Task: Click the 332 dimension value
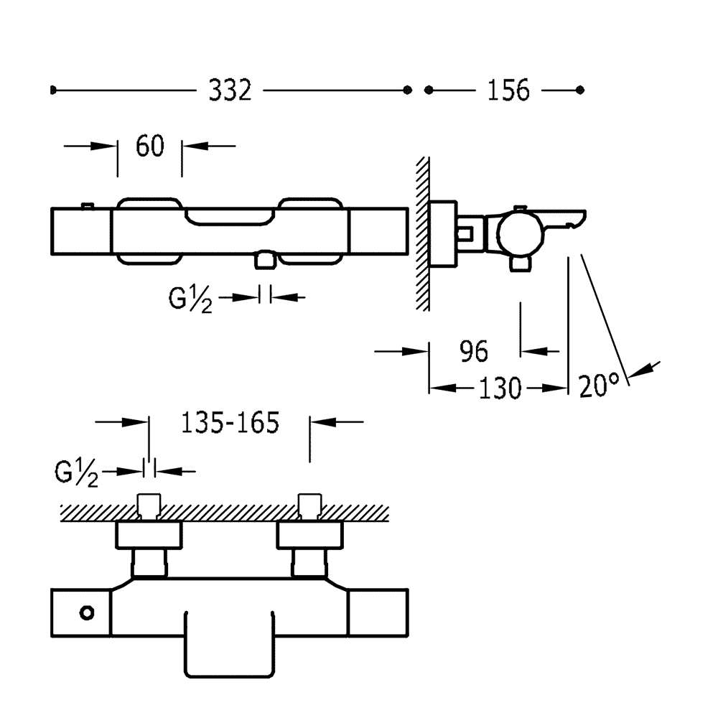pyautogui.click(x=230, y=90)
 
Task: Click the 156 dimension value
pyautogui.click(x=508, y=90)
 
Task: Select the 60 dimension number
pyautogui.click(x=150, y=146)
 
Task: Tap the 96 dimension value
pyautogui.click(x=472, y=352)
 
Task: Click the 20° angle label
pyautogui.click(x=599, y=387)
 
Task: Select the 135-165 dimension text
pyautogui.click(x=230, y=424)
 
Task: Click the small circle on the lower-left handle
pyautogui.click(x=88, y=612)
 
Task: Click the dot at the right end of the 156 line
pyautogui.click(x=581, y=90)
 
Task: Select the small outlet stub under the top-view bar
pyautogui.click(x=266, y=260)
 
